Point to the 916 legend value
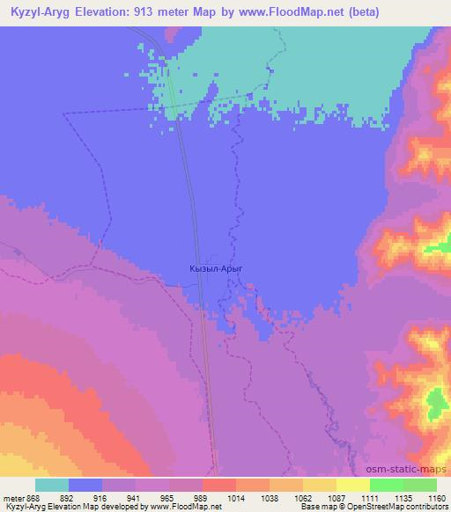point(102,498)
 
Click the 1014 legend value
point(236,498)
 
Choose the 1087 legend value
point(336,498)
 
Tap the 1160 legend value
point(435,498)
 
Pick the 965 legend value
point(169,498)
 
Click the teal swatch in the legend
point(52,485)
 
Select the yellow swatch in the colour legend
point(352,485)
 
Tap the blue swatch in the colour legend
point(85,485)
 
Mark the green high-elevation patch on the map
point(434,404)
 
